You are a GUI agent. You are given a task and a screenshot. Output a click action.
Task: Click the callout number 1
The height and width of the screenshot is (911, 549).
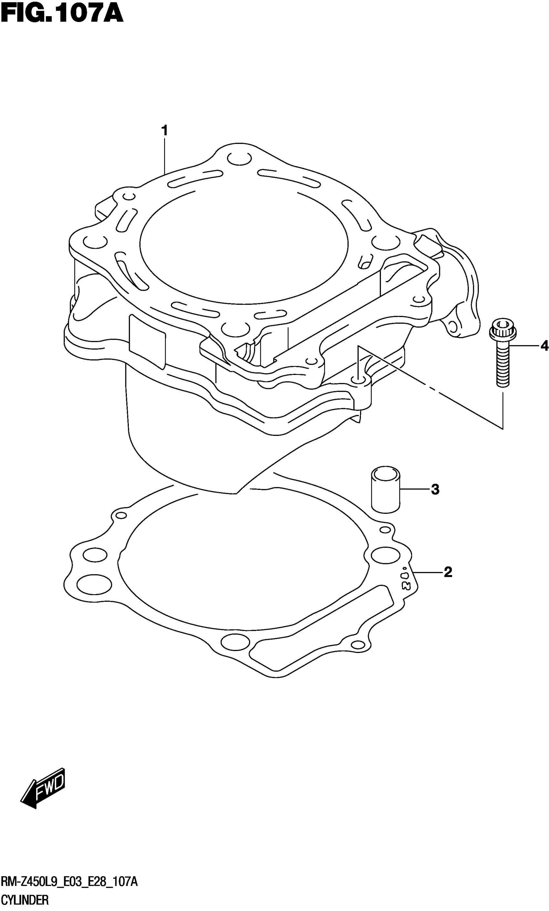(x=164, y=131)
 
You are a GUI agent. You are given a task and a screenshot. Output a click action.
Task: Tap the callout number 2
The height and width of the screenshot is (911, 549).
(x=447, y=572)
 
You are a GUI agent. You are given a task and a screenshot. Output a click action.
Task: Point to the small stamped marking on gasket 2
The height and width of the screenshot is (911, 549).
(x=406, y=577)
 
